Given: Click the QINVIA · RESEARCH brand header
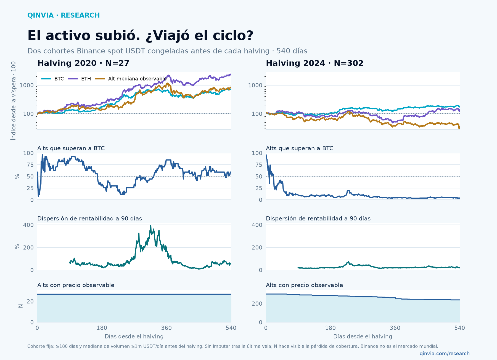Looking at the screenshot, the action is point(64,15).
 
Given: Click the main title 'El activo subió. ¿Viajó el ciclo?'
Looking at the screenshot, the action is point(140,36).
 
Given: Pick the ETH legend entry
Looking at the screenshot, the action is point(80,79).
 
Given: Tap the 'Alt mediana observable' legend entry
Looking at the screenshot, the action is point(131,79).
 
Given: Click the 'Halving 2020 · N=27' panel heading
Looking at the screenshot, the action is point(83,63).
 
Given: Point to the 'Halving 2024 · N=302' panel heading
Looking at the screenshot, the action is point(314,63).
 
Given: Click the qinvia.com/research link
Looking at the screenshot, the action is point(445,353).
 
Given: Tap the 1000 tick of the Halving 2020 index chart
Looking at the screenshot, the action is point(27,85).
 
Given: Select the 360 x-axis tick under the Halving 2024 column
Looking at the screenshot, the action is point(395,328).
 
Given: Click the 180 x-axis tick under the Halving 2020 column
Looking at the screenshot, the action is point(102,328).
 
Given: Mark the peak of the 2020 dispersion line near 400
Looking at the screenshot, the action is point(150,225).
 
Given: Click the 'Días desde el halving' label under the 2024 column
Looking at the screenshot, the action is point(363,337).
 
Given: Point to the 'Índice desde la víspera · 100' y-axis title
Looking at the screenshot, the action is point(13,101).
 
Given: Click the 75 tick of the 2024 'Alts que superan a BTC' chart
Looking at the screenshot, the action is point(259,165).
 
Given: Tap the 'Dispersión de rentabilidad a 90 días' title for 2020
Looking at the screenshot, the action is point(89,218).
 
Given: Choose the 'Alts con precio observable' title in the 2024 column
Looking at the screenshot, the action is point(304,285).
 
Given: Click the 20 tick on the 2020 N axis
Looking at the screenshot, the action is point(30,302).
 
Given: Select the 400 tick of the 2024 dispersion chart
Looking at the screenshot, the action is point(257,225).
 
